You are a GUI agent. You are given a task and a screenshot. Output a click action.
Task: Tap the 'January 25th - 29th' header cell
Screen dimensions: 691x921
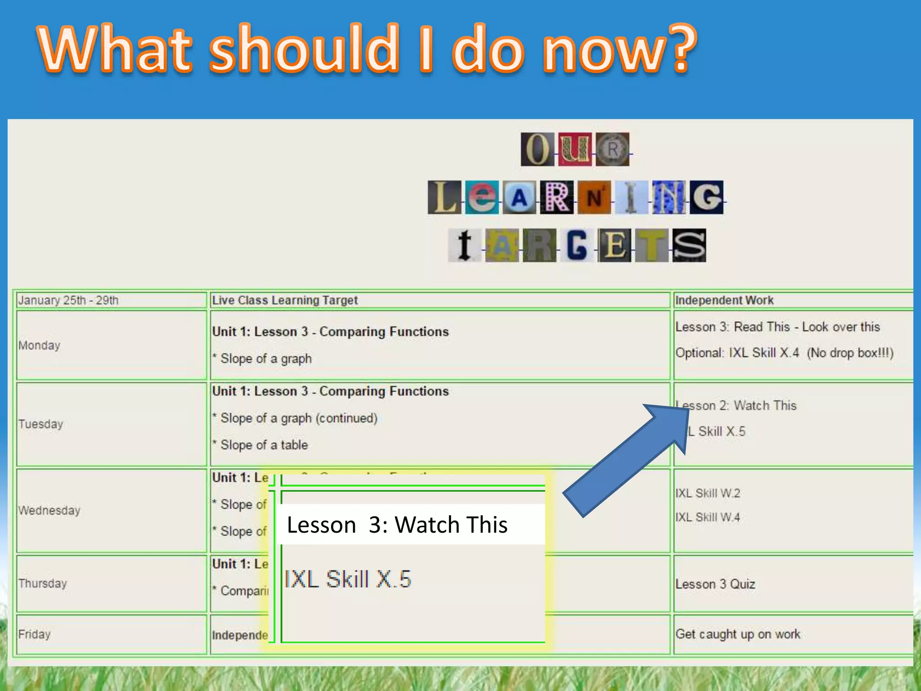[68, 300]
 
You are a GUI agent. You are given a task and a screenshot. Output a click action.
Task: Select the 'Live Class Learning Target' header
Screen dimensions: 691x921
[285, 300]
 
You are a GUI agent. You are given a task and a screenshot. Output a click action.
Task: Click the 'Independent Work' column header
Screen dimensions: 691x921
[724, 300]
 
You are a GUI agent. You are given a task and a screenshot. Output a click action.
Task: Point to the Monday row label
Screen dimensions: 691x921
[39, 345]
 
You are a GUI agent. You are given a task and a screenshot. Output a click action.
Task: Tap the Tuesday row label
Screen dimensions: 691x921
[40, 424]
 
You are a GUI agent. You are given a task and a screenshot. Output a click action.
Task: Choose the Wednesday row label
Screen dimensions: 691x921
[49, 511]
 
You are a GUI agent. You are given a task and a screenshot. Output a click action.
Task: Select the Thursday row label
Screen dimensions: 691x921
[43, 583]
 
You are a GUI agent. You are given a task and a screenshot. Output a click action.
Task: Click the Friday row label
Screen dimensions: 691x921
[34, 634]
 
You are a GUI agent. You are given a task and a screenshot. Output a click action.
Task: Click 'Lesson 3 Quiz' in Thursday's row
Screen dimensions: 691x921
[715, 584]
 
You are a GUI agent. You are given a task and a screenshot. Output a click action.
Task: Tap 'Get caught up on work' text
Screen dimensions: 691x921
[738, 634]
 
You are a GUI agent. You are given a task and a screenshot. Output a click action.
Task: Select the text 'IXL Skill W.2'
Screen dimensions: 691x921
[707, 493]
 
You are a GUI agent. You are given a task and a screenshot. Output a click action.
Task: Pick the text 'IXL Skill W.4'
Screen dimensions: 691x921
[707, 517]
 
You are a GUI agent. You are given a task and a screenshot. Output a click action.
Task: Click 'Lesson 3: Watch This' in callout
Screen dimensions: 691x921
[397, 525]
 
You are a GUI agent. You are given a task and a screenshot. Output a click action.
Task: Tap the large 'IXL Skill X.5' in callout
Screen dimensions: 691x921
[348, 579]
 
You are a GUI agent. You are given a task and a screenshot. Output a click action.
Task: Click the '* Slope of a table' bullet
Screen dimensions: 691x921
[264, 445]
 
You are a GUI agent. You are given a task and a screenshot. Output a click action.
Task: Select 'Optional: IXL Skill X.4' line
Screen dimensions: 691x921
[738, 353]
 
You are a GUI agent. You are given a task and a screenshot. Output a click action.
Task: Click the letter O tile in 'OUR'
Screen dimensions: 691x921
[537, 149]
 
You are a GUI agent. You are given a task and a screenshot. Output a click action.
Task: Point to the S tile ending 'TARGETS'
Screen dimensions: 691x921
[689, 246]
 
